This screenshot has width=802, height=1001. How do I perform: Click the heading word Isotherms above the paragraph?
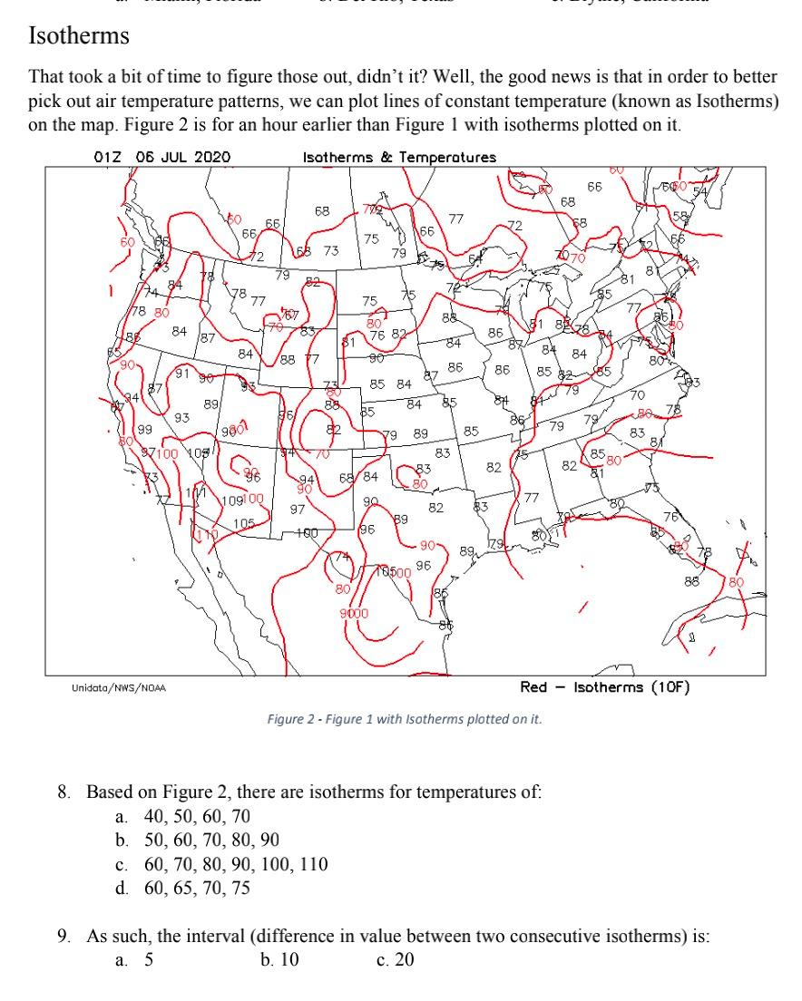79,37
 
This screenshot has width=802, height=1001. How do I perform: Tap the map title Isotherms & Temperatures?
399,157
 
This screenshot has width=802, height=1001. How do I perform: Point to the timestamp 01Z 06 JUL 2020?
162,157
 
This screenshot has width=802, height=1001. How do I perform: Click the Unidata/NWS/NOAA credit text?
119,688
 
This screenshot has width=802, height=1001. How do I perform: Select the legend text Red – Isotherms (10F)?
605,687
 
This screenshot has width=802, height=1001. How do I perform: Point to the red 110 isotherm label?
208,535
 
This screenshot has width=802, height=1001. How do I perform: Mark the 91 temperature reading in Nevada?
181,373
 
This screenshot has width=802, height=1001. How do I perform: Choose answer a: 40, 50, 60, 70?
185,816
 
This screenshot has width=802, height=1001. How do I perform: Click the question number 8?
64,792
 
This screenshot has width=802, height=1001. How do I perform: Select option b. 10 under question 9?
279,959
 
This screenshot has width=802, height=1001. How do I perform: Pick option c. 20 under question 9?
395,959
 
